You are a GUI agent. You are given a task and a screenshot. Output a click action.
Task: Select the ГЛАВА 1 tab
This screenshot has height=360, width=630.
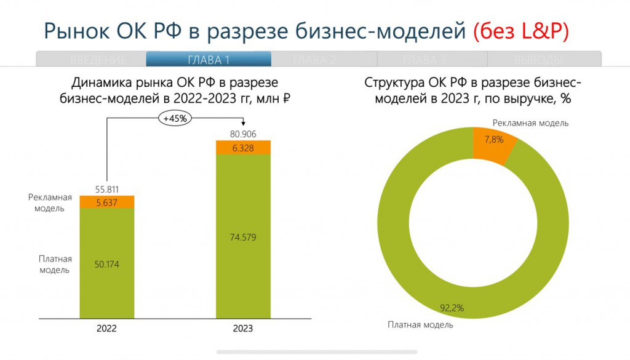209,60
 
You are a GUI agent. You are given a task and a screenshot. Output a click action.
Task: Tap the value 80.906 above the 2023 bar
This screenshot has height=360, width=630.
244,134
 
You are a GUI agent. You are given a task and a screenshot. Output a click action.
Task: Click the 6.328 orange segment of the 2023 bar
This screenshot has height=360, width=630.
244,148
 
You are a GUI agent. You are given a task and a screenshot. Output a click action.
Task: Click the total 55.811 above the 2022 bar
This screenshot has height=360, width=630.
107,189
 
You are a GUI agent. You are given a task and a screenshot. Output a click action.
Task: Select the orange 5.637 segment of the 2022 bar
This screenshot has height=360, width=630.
107,202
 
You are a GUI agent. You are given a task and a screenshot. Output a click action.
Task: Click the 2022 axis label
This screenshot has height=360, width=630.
106,329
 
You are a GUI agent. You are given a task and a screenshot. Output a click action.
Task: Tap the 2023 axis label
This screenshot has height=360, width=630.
242,329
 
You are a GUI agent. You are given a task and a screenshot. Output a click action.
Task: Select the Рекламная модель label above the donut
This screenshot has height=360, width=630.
530,123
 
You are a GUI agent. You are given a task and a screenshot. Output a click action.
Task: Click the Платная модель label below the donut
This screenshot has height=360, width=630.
420,324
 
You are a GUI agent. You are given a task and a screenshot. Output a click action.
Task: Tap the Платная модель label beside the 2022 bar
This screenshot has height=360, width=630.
55,264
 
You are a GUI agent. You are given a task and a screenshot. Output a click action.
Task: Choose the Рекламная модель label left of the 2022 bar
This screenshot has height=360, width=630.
50,202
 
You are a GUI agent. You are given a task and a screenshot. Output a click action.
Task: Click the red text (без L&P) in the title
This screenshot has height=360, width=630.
521,31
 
